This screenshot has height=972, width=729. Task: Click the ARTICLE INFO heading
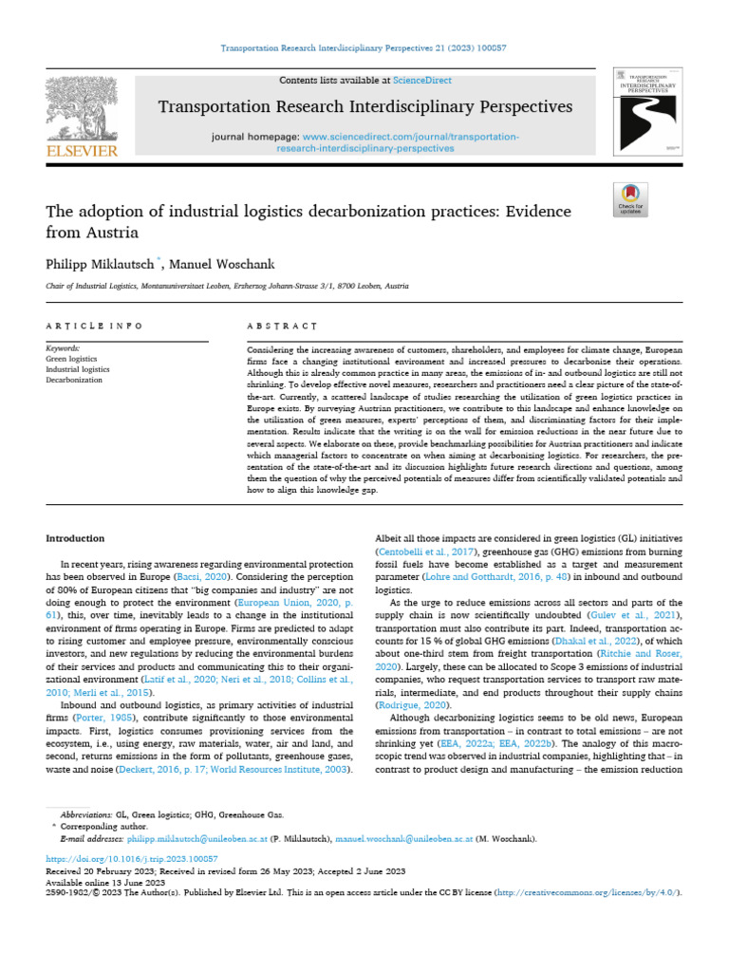tap(94, 326)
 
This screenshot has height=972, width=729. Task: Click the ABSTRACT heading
tap(281, 326)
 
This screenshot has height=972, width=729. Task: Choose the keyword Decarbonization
tap(74, 380)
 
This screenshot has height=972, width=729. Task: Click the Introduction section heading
tap(76, 538)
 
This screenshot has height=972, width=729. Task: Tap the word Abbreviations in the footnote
tap(85, 814)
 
